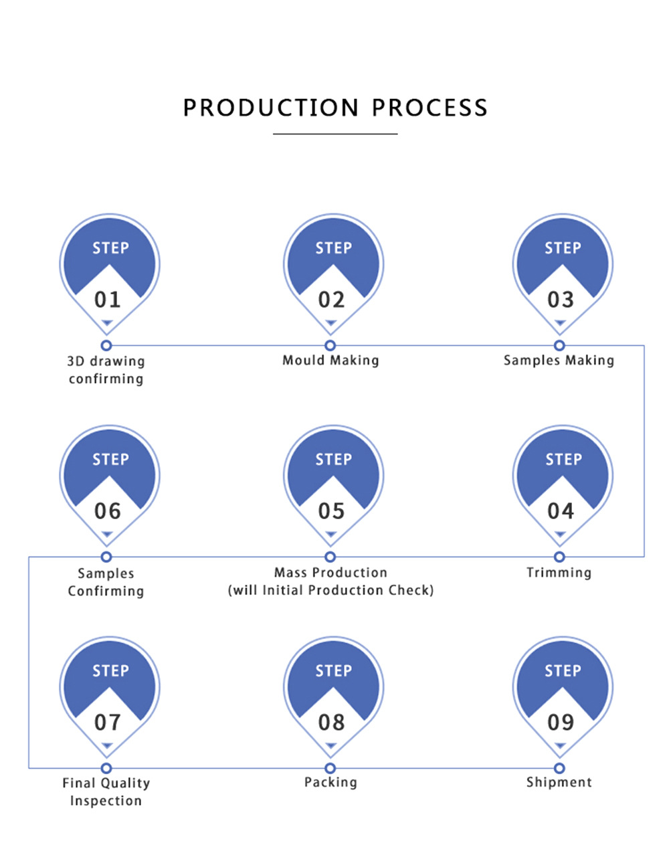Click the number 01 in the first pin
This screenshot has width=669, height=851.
tap(107, 300)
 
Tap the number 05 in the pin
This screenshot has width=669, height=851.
tap(331, 511)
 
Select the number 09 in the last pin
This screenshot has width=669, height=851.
tap(561, 723)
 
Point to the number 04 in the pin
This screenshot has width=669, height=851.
tap(561, 511)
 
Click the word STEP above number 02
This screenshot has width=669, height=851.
tap(333, 248)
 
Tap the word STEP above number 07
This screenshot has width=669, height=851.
tap(110, 671)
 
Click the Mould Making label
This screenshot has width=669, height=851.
tap(330, 361)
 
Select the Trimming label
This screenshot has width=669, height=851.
tap(559, 573)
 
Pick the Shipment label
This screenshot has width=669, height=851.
tap(559, 782)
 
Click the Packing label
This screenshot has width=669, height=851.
tap(330, 782)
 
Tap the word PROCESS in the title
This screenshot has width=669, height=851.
tap(429, 108)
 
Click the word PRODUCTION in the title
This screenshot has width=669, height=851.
tap(271, 108)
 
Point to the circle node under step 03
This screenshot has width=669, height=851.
tap(559, 345)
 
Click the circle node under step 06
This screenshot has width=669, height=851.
tap(106, 557)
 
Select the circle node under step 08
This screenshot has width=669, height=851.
tap(330, 768)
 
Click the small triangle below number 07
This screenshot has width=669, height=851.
tap(107, 746)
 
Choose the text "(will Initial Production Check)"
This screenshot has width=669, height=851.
tap(330, 590)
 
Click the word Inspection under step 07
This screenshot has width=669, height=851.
tap(106, 801)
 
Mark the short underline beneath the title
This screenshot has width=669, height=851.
tap(335, 134)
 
